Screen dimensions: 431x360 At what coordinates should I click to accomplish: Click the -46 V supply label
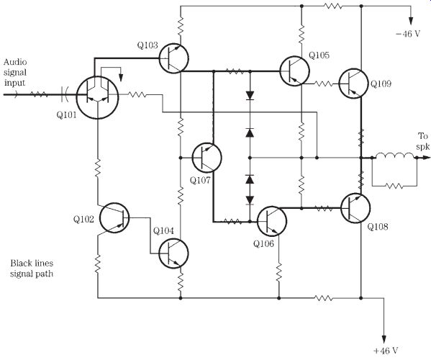pyautogui.click(x=408, y=34)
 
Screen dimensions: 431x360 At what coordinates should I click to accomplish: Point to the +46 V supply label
pyautogui.click(x=386, y=351)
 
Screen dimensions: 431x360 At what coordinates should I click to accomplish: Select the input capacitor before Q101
pyautogui.click(x=65, y=94)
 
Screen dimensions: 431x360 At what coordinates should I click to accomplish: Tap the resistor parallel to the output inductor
pyautogui.click(x=394, y=186)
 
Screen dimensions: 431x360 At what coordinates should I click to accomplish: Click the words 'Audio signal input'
pyautogui.click(x=15, y=72)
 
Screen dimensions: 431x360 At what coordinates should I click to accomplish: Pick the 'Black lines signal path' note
pyautogui.click(x=32, y=269)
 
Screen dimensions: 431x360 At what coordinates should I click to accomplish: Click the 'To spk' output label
pyautogui.click(x=423, y=141)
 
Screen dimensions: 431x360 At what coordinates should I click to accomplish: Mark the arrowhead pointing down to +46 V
pyautogui.click(x=384, y=339)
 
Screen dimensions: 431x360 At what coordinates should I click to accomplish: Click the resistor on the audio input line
pyautogui.click(x=39, y=94)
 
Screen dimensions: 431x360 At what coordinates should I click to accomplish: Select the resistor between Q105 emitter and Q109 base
pyautogui.click(x=323, y=84)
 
